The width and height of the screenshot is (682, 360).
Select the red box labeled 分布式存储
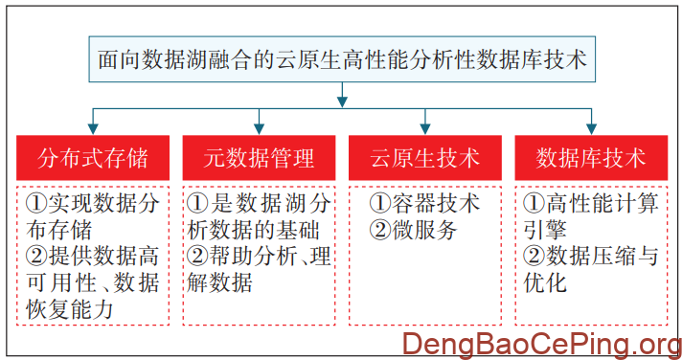tap(92, 157)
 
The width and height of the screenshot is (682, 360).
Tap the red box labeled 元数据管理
tap(259, 157)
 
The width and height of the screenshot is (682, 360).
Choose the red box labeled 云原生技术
tap(425, 157)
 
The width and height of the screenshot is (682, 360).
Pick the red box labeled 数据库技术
tap(591, 157)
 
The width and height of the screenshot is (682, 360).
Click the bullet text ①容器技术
tap(424, 204)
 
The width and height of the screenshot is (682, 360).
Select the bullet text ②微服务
tap(413, 230)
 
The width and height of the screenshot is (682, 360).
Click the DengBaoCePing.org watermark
tap(541, 343)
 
